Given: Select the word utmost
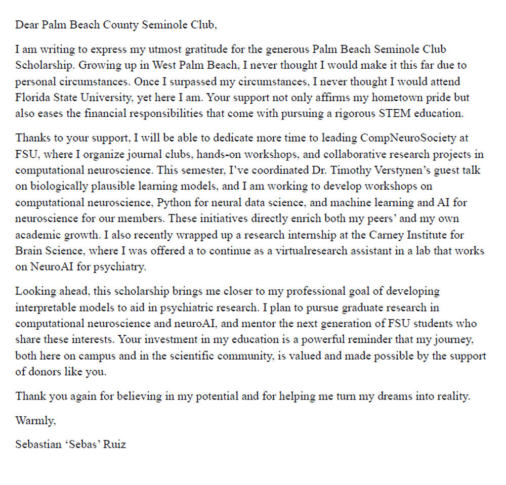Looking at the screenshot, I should pyautogui.click(x=154, y=50).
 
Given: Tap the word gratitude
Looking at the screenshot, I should pyautogui.click(x=200, y=50).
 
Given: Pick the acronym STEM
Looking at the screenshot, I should pyautogui.click(x=392, y=113).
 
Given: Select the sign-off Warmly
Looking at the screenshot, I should pyautogui.click(x=32, y=420).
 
